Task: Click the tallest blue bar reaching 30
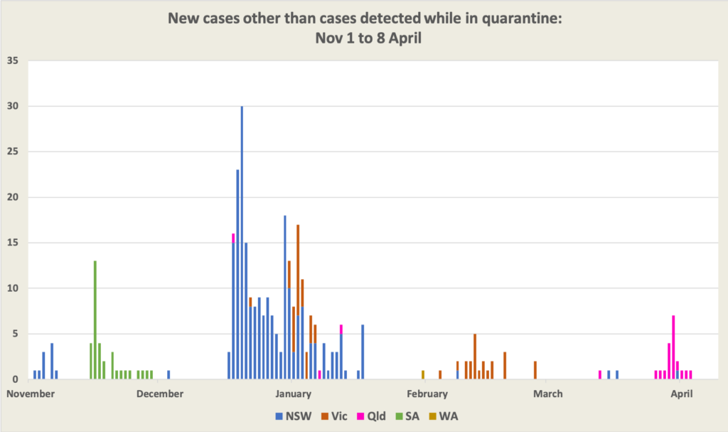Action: (x=242, y=242)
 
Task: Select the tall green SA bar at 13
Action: (x=95, y=320)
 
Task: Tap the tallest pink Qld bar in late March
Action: (x=673, y=347)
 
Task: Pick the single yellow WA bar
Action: (x=423, y=374)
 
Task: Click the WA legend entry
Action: (x=448, y=416)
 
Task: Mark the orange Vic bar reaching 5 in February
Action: (x=475, y=356)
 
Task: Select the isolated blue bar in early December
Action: (x=168, y=374)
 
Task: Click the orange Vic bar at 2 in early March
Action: (x=535, y=370)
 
